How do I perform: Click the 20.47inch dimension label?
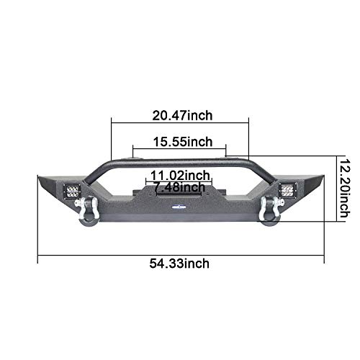(182, 114)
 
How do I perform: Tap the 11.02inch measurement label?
(180, 175)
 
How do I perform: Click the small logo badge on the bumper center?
(179, 211)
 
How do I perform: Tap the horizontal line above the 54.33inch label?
(180, 253)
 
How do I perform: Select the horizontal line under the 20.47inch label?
(180, 123)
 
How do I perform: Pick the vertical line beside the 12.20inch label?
(338, 189)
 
